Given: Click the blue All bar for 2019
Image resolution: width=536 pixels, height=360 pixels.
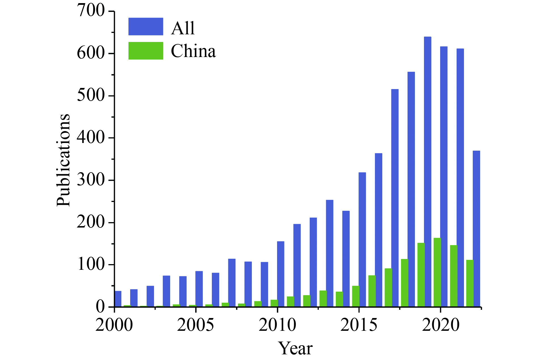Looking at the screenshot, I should point(427,172).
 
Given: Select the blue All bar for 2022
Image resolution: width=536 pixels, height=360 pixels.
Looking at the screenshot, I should point(476,228).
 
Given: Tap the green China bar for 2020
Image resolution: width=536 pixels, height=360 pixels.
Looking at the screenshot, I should point(437,272).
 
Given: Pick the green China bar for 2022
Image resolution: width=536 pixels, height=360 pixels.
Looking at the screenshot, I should point(470,283).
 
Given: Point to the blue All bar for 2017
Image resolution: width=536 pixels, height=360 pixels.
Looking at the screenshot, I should point(395,198).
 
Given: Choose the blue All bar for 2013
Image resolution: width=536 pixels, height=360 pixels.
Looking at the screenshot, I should point(330,253).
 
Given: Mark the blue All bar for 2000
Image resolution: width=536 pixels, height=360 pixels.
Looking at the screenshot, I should point(118,299).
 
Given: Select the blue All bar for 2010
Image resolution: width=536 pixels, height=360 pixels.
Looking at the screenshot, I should point(281,274).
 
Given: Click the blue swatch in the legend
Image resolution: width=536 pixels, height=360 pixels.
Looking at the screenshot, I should point(146,27).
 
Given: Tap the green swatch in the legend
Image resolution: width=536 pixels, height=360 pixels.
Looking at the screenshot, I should point(146,51).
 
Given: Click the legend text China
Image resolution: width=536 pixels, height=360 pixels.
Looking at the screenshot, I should point(193,51).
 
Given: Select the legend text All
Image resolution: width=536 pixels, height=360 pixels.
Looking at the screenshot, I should point(183,28).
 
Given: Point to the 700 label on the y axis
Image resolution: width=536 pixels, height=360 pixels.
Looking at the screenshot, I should point(91,11).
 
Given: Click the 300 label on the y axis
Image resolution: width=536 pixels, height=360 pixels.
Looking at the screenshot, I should point(91,180).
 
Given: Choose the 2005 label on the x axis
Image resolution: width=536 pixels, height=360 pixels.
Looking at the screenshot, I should point(196,325).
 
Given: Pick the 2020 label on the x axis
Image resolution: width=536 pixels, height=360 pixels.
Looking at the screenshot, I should point(440,325).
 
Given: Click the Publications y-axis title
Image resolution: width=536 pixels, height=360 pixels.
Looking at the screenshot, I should point(63,160).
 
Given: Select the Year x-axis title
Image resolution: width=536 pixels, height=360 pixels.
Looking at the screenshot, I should point(295,348).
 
